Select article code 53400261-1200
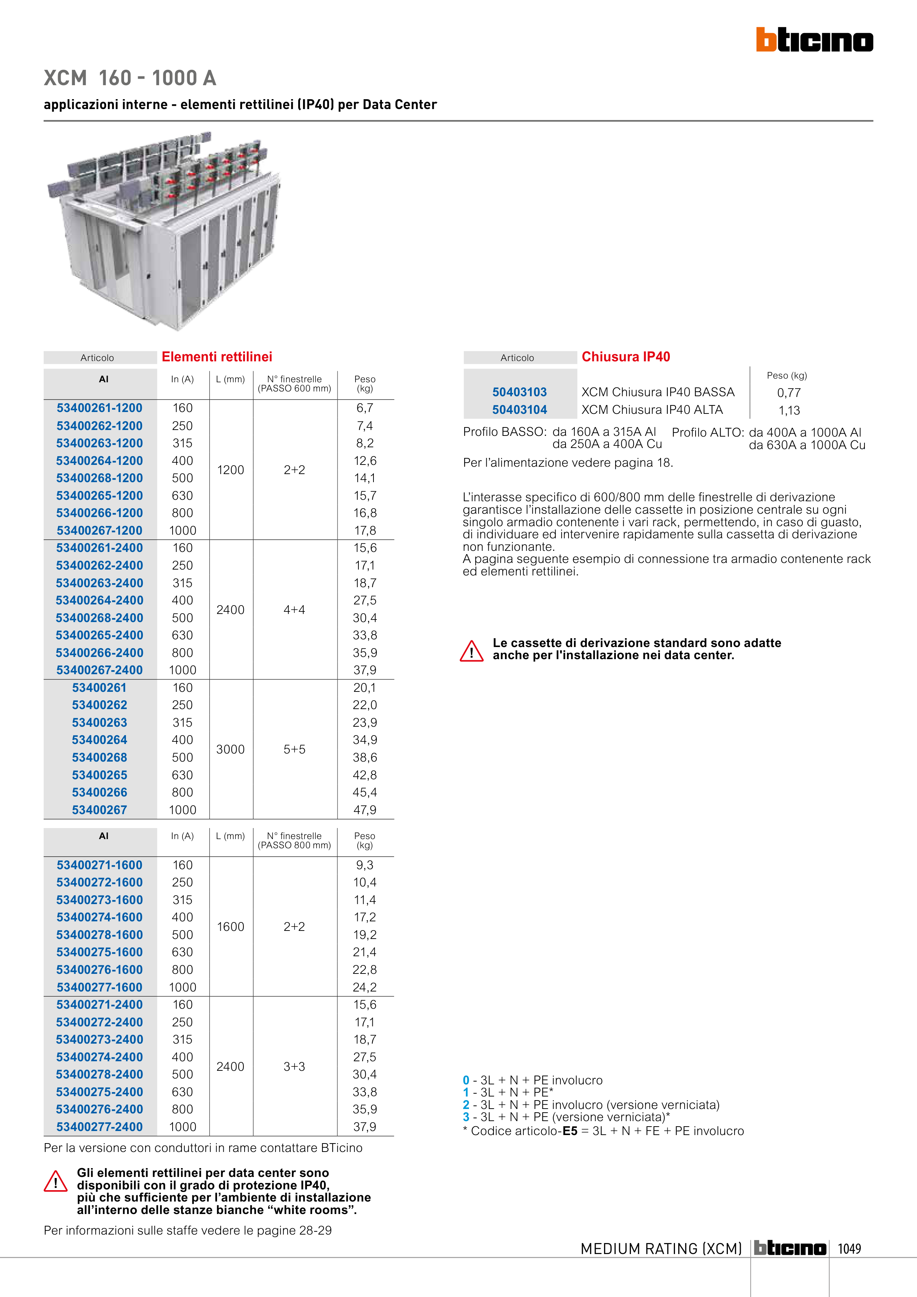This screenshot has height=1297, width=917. coord(100,408)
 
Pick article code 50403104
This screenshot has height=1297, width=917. coord(519,409)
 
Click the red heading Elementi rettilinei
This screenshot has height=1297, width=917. coord(217,357)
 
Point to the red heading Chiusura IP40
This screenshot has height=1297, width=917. coord(625,357)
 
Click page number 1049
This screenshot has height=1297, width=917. coord(849,1249)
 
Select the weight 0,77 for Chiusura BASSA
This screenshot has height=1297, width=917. coord(789,393)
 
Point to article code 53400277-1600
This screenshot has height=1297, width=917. coord(100,987)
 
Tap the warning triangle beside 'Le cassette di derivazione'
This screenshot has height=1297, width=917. coord(471,651)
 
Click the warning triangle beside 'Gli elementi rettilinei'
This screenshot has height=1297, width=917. coord(55,1181)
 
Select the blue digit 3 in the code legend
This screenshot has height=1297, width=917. coord(466,1117)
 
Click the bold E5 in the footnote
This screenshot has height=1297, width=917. coord(570,1131)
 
